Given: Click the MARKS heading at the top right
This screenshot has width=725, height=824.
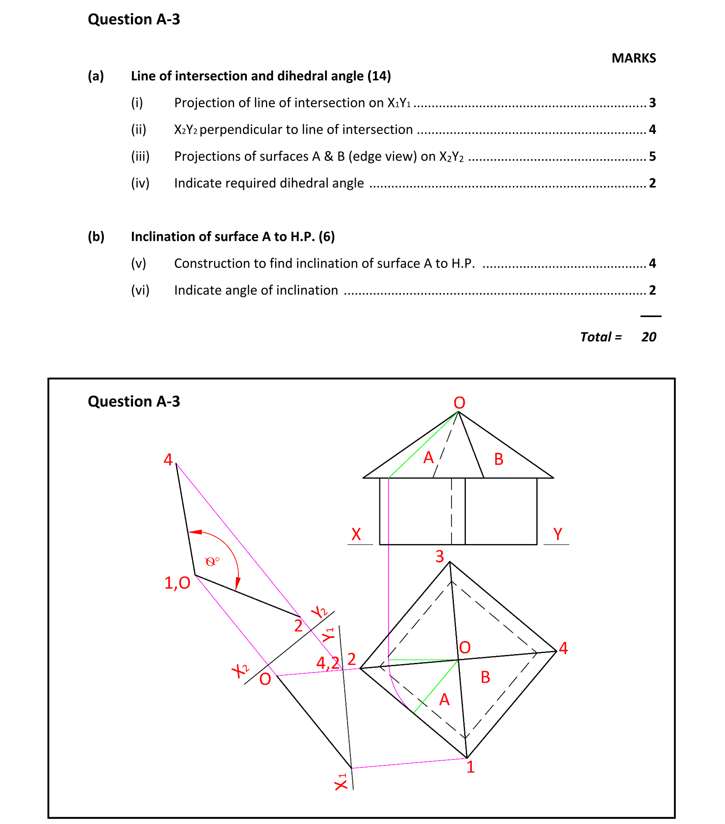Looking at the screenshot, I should coord(633,58).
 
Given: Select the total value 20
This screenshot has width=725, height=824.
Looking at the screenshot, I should coord(648,337).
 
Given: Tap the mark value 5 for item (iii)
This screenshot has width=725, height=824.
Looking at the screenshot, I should coord(652,156).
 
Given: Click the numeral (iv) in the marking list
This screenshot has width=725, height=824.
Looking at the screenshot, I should coord(140,183).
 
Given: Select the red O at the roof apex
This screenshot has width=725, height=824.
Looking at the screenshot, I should coord(459,403).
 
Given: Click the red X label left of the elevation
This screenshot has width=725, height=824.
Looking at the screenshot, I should coord(356,534).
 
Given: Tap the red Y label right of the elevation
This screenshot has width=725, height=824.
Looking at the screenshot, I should coord(558,534).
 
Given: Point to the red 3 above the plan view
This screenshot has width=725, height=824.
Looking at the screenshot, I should coord(439,557).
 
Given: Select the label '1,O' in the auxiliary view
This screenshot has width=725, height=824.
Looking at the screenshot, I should coord(177,583).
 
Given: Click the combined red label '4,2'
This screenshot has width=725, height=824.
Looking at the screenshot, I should coord(328,663).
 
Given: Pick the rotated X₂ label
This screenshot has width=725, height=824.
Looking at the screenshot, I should coord(240,670).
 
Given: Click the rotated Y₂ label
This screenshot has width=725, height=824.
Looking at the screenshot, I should coord(319,612).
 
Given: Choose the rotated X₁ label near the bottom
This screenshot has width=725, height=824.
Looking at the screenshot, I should coord(341,782).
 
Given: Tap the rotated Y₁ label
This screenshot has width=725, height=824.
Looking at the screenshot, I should coord(329,635).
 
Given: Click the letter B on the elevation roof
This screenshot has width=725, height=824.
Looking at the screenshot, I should coord(498,459).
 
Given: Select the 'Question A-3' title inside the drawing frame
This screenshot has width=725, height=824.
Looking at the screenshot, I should coord(134,401).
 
